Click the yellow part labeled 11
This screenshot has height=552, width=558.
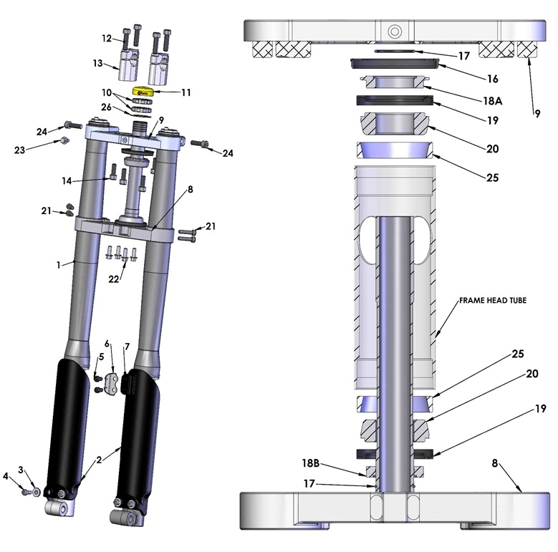tap(143, 92)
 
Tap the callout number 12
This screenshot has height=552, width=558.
tap(107, 38)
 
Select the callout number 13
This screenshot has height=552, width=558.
tap(98, 63)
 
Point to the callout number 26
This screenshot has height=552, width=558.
tap(107, 107)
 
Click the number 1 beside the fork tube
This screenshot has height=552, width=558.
tap(59, 265)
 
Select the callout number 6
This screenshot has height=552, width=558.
tap(107, 344)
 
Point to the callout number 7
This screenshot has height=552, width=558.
tap(126, 347)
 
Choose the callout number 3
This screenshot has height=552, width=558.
tap(21, 469)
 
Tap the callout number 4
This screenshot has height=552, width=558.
tap(6, 475)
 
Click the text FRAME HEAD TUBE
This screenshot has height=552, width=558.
tap(492, 301)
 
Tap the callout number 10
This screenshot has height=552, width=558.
tap(107, 93)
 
